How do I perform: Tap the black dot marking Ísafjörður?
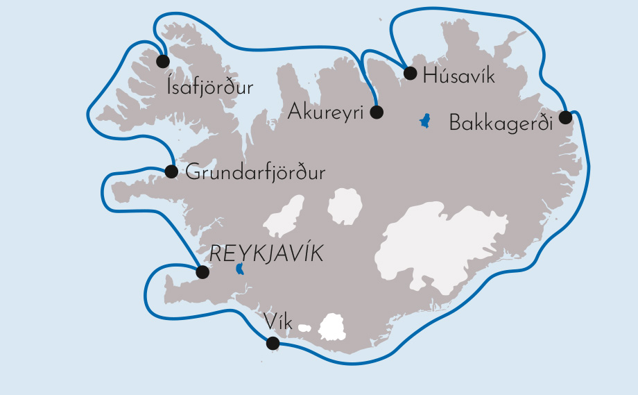163,61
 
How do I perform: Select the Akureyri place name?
326,111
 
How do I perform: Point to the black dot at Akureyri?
377,111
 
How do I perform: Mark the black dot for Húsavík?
410,73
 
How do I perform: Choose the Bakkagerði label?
501,124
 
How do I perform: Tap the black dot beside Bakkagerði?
566,117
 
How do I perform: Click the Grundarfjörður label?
255,173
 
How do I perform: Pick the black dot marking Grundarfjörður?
171,171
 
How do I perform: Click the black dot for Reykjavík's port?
202,272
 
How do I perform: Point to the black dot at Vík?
273,343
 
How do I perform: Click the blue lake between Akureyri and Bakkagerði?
424,121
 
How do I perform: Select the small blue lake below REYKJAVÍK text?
240,269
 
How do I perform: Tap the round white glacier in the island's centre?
345,206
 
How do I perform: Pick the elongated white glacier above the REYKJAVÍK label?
284,217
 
